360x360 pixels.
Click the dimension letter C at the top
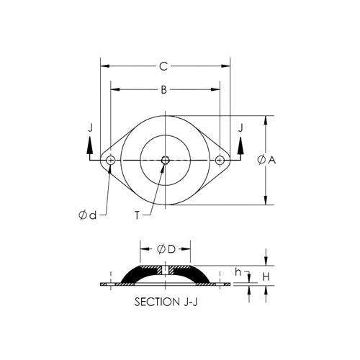point(163,66)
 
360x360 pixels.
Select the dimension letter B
point(163,90)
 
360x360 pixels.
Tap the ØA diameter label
point(266,160)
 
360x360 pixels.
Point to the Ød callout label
point(88,215)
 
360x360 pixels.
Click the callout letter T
point(137,215)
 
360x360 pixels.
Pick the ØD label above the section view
point(166,249)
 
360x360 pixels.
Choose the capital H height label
point(266,277)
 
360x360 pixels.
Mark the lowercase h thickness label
point(238,272)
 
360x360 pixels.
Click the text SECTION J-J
point(166,302)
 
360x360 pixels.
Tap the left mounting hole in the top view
point(111,160)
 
